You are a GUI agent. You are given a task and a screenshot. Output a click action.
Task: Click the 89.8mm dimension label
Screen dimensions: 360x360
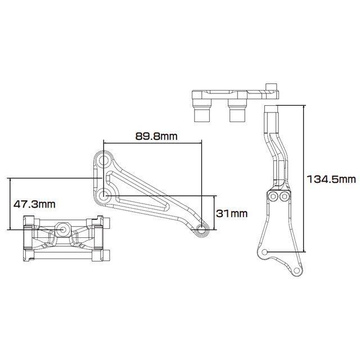point(156,136)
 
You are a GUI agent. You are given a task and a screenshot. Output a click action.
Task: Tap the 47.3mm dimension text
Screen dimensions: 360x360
point(34,204)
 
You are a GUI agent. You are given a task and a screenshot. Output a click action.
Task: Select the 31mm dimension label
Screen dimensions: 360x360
point(232,213)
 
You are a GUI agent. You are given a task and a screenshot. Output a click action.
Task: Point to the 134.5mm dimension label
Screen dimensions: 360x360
point(331,179)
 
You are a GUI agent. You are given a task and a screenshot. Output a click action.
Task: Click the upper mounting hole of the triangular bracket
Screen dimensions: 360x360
point(103,160)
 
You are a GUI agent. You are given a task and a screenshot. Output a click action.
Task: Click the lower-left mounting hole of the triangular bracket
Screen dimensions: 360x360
point(103,196)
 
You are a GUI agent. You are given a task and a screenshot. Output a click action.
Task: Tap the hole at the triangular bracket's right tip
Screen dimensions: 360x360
point(201,229)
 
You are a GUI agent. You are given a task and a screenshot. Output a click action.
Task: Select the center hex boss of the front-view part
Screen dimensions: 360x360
point(62,229)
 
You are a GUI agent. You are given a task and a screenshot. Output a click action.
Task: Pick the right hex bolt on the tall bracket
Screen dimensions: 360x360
point(284,196)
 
